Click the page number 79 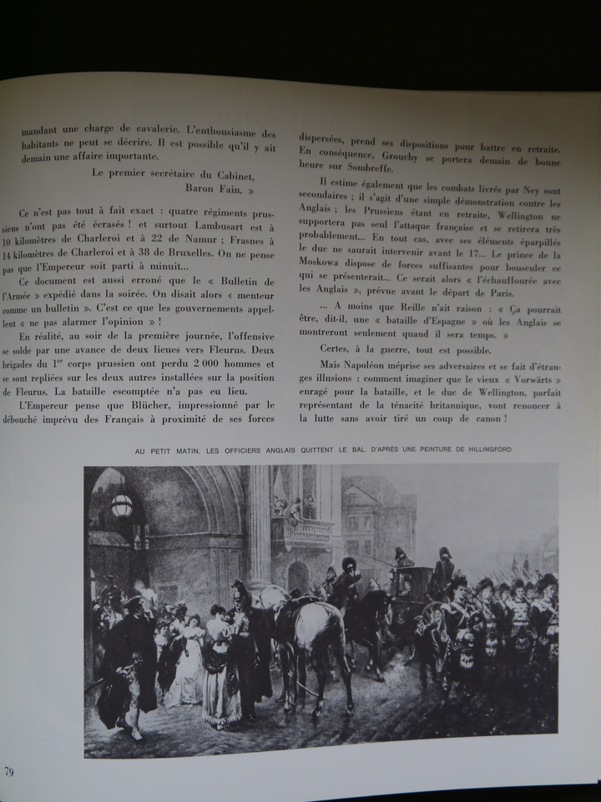pyautogui.click(x=8, y=769)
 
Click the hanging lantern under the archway pyautogui.click(x=122, y=505)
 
